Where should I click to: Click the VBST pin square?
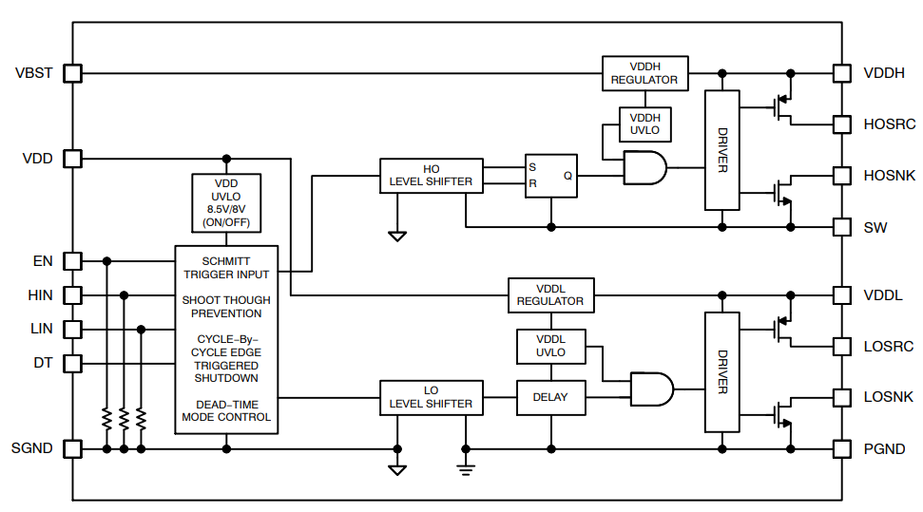[x=72, y=73]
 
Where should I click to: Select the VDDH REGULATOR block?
[x=644, y=73]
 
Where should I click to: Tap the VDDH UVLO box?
[x=644, y=123]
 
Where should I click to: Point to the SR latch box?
[x=551, y=175]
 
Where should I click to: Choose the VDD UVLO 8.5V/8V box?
[x=226, y=202]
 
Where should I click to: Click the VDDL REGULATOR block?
[x=550, y=294]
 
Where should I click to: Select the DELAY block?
[x=550, y=397]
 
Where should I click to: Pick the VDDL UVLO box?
[x=550, y=346]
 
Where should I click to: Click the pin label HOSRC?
[x=889, y=124]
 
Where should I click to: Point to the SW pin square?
[x=841, y=227]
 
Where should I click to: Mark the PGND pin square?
[x=841, y=448]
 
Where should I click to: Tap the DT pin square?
[x=72, y=363]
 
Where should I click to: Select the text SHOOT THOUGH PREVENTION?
[x=226, y=307]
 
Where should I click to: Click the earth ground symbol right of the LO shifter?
[x=465, y=466]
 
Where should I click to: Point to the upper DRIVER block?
[x=721, y=150]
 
